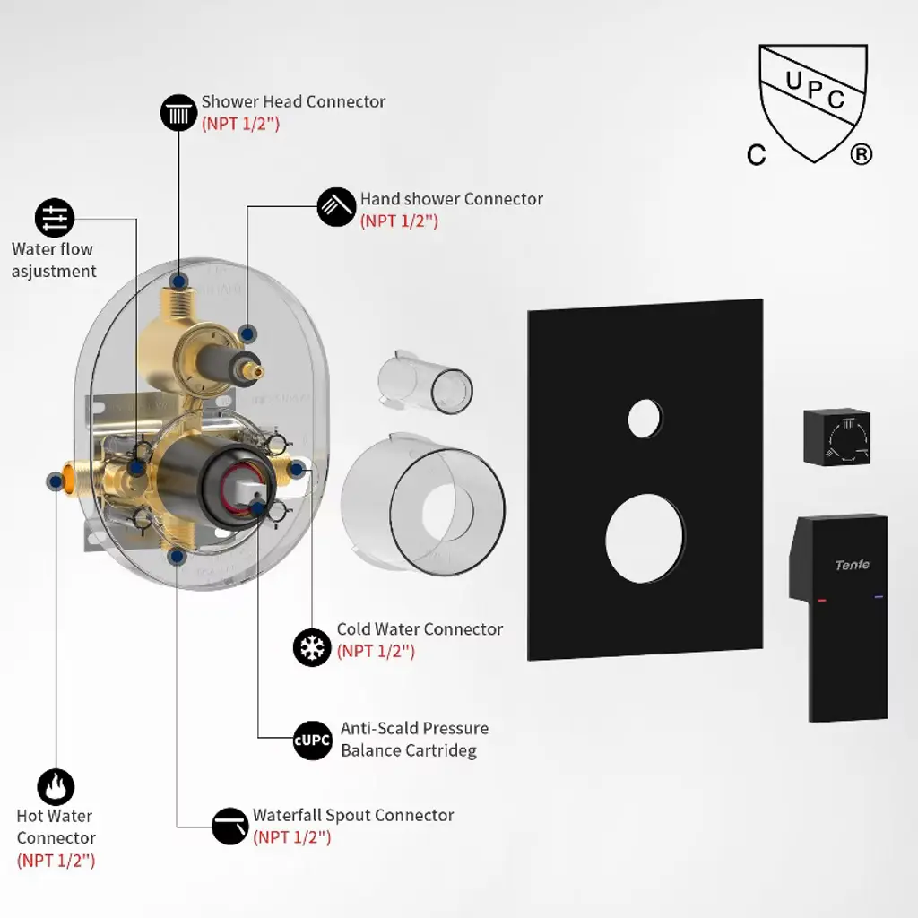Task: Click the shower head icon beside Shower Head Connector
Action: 178,112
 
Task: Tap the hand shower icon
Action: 336,207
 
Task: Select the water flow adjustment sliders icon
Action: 55,218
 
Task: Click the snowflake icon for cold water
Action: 312,647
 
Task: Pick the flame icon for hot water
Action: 56,787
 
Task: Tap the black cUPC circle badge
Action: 313,740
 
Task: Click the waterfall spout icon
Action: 229,826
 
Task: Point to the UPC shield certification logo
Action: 810,104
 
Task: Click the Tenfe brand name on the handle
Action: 852,565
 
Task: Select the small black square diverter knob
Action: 836,437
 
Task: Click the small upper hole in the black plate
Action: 645,419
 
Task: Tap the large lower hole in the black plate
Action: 645,539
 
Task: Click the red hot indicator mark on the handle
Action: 822,600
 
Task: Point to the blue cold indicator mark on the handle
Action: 879,597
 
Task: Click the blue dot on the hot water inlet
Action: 56,481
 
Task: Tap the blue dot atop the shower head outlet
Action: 178,281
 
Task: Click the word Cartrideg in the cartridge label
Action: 439,750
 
